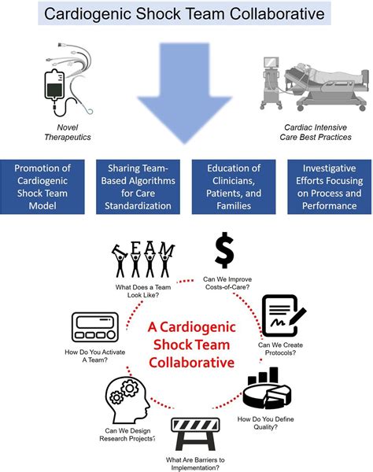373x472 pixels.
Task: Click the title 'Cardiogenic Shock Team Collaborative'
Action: point(186,13)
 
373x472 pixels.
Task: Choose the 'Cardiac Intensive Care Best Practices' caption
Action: point(312,132)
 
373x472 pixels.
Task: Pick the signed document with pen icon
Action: point(283,315)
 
